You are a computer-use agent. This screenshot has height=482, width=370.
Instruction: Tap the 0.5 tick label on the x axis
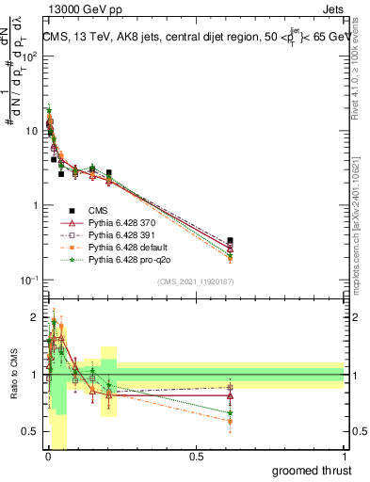196,458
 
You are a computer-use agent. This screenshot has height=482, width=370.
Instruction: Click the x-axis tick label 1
344,458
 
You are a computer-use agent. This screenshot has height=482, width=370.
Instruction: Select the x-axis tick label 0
47,458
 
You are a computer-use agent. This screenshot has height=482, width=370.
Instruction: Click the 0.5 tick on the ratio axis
30,431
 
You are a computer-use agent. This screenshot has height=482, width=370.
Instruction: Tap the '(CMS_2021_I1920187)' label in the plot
195,281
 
